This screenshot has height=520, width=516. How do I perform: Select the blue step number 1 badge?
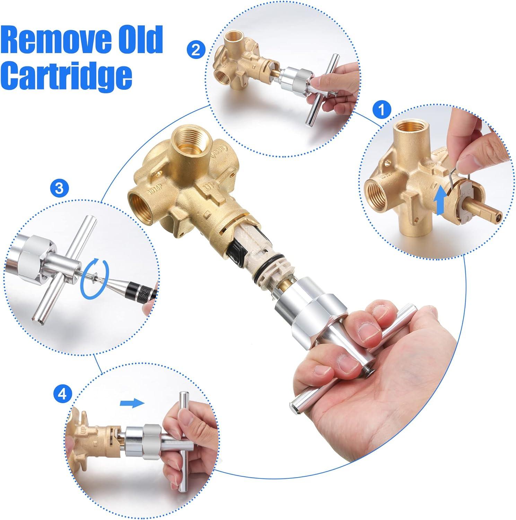[382, 110]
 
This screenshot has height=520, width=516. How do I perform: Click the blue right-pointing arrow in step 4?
[132, 403]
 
